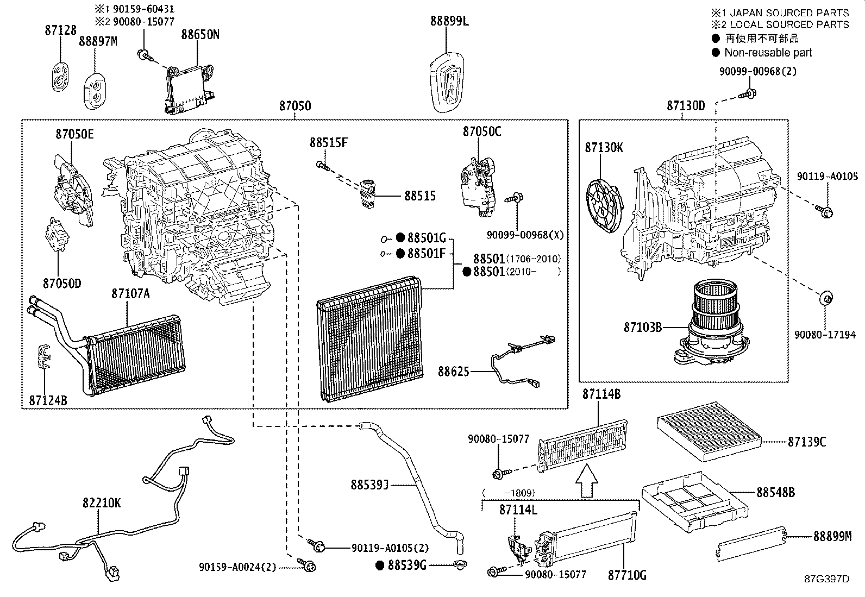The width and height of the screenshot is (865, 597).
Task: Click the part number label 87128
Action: pyautogui.click(x=61, y=30)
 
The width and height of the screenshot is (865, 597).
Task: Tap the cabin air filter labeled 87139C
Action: pyautogui.click(x=710, y=431)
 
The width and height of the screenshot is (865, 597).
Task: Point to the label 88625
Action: pyautogui.click(x=453, y=372)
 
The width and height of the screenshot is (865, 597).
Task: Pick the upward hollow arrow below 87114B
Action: pyautogui.click(x=587, y=481)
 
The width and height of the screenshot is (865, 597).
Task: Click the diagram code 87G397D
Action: pyautogui.click(x=827, y=579)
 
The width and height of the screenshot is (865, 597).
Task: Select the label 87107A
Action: pyautogui.click(x=130, y=294)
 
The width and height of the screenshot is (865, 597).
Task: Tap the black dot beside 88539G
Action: pyautogui.click(x=380, y=565)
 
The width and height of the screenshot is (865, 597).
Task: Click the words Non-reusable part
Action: pyautogui.click(x=768, y=52)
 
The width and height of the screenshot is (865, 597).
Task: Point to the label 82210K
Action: pyautogui.click(x=102, y=503)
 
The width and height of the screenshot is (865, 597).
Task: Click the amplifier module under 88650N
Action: pyautogui.click(x=189, y=89)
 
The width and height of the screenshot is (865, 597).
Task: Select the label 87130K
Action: pyautogui.click(x=604, y=148)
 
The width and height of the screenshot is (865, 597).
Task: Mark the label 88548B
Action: pyautogui.click(x=775, y=493)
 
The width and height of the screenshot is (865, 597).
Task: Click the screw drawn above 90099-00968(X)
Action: pyautogui.click(x=515, y=198)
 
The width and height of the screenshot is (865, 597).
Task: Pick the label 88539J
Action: pyautogui.click(x=369, y=485)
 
